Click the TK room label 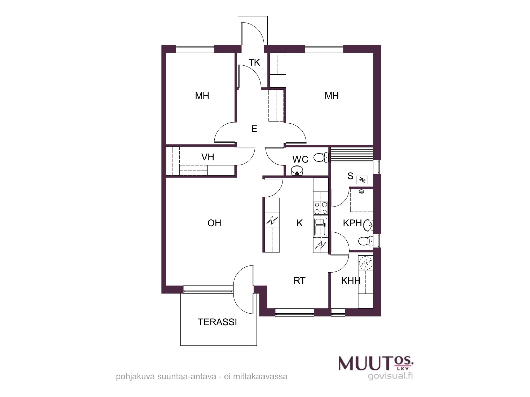click(x=254, y=62)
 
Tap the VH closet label click(x=207, y=157)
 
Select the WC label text click(x=300, y=159)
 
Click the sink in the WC click(x=297, y=170)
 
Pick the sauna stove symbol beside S click(x=362, y=180)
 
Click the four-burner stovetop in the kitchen click(x=321, y=208)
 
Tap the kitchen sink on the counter click(x=321, y=227)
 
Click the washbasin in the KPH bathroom click(x=368, y=225)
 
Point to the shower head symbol click(x=361, y=191)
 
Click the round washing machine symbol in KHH click(x=365, y=263)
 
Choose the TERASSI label click(x=217, y=322)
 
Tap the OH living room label click(x=214, y=223)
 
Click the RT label click(x=299, y=281)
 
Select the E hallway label click(x=254, y=129)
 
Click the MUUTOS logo click(x=376, y=363)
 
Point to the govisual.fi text click(x=390, y=376)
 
